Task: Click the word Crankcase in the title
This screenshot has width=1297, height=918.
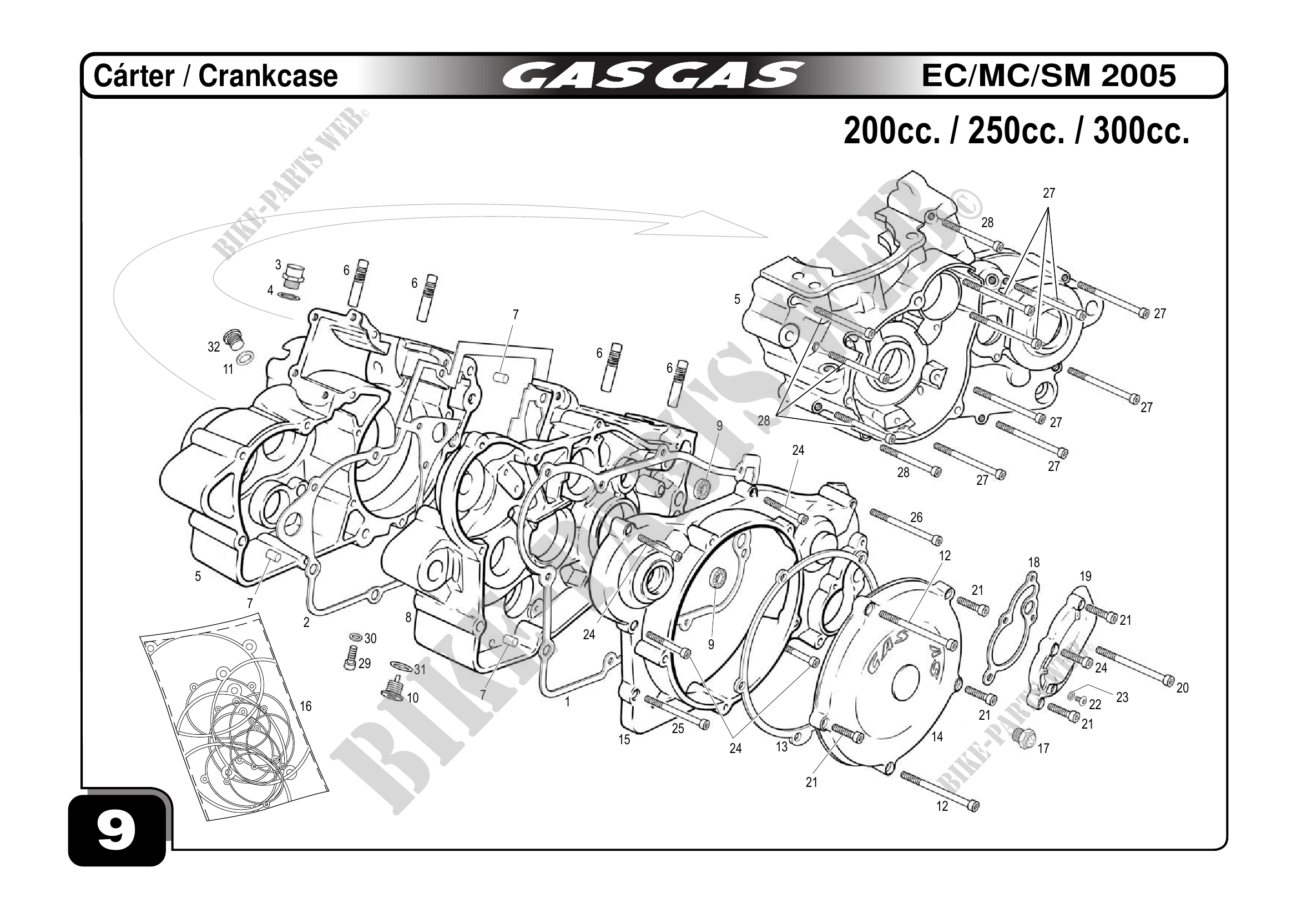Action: pyautogui.click(x=268, y=76)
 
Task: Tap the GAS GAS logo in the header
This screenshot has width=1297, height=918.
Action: pyautogui.click(x=653, y=76)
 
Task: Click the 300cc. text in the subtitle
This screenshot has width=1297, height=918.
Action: pyautogui.click(x=1142, y=131)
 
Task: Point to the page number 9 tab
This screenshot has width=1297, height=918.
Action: pyautogui.click(x=117, y=831)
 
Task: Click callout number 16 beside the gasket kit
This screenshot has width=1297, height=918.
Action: pyautogui.click(x=306, y=706)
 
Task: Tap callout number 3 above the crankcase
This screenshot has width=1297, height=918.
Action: pyautogui.click(x=278, y=264)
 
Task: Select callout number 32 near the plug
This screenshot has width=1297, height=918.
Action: pyautogui.click(x=214, y=347)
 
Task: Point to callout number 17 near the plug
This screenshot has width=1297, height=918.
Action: pyautogui.click(x=1043, y=749)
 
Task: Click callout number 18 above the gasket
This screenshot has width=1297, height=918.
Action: pyautogui.click(x=1034, y=563)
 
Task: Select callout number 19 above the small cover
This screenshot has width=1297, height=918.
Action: pyautogui.click(x=1085, y=576)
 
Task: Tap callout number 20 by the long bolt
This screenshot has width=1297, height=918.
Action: pyautogui.click(x=1182, y=688)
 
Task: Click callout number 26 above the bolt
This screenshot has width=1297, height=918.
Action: pyautogui.click(x=916, y=517)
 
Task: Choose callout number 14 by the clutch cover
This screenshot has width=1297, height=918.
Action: pyautogui.click(x=937, y=737)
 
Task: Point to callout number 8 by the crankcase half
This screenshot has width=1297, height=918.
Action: pyautogui.click(x=408, y=618)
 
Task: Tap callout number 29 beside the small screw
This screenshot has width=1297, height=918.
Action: pyautogui.click(x=365, y=663)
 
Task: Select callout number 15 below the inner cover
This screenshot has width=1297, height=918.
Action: pyautogui.click(x=624, y=740)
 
